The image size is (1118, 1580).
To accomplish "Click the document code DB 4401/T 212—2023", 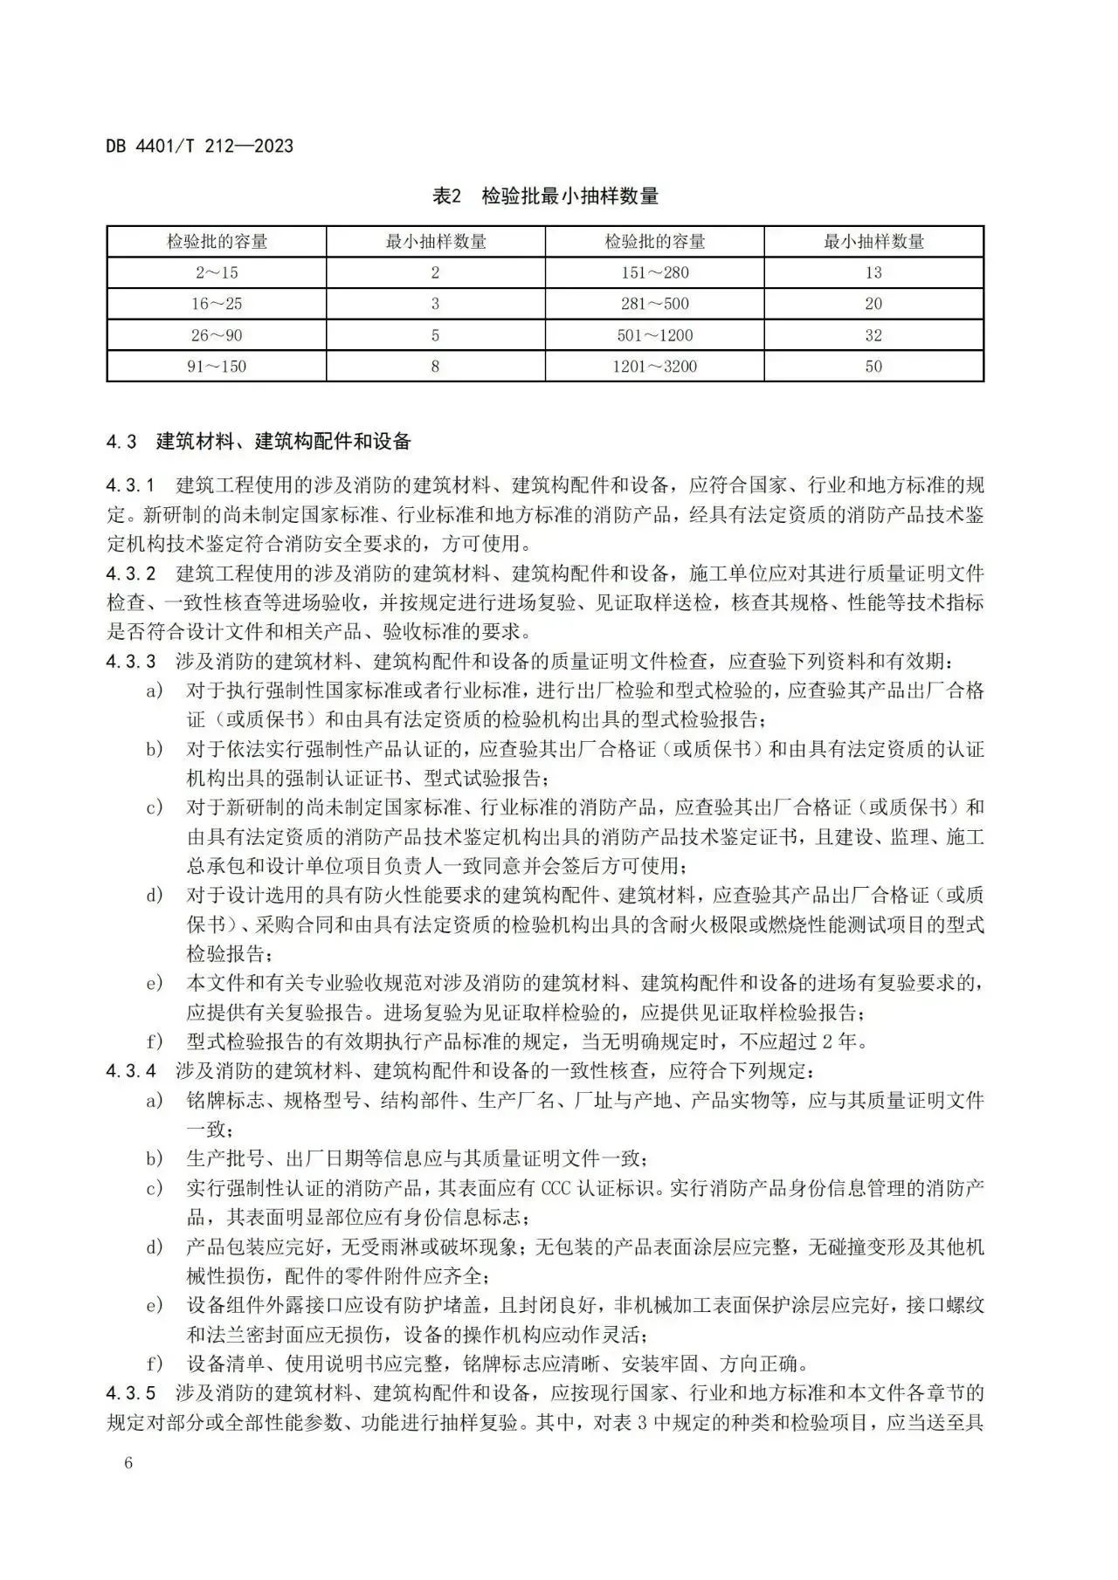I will coord(200,146).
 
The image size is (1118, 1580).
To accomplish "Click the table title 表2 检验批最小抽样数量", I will coord(545,196).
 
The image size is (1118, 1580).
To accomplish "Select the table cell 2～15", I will coord(217,273).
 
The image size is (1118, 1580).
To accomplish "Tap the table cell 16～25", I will coord(217,305).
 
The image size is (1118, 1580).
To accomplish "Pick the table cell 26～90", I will coord(217,336).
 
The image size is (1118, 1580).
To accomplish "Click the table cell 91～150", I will coord(217,367).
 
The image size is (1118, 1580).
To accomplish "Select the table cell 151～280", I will coord(655,273).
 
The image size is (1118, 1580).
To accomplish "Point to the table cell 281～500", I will coord(655,305).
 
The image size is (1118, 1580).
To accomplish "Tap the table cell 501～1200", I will coord(655,336).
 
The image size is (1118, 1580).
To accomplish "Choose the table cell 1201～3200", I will coord(655,367).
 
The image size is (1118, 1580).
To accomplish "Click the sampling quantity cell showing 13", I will coord(873,273).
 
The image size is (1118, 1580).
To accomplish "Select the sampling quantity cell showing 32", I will coord(873,336).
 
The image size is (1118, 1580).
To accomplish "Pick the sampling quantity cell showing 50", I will coord(873,367).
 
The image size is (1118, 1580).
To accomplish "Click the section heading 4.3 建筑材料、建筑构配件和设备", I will coord(259,442).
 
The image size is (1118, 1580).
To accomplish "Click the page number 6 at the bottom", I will coord(128,1463).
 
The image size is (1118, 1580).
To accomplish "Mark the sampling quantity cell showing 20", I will coord(873,305).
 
